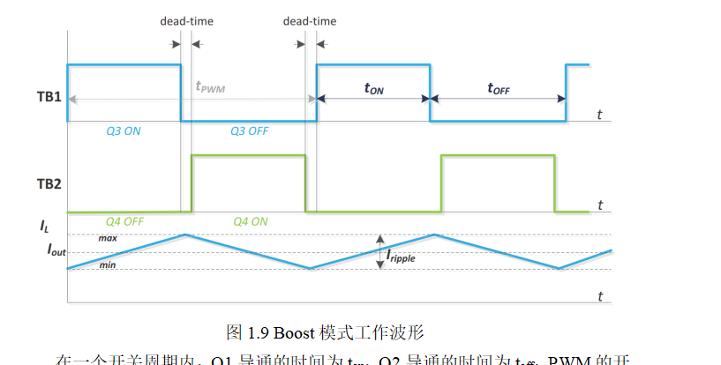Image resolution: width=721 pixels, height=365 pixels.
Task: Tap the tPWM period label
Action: click(x=211, y=87)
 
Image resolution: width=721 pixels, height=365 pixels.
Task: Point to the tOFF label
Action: click(x=499, y=88)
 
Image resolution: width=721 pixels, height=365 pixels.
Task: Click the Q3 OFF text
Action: click(x=250, y=130)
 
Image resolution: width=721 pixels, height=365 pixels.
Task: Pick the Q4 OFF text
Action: click(x=124, y=221)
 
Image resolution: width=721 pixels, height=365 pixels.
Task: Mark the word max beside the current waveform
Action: click(x=108, y=237)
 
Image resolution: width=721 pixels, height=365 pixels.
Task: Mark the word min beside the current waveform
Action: click(x=107, y=264)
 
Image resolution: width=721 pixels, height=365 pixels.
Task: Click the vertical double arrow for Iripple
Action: click(x=379, y=251)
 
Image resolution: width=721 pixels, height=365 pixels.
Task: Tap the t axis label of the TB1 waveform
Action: click(x=599, y=115)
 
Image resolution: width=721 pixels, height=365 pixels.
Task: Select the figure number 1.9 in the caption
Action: click(x=258, y=332)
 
